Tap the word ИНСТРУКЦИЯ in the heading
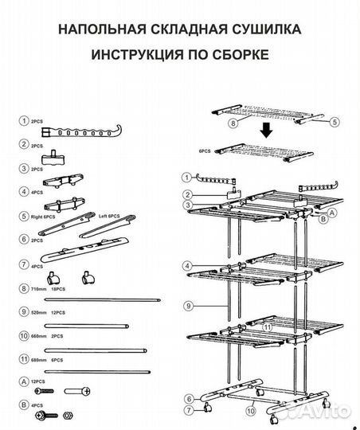click(x=135, y=57)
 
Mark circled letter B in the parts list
click(x=25, y=406)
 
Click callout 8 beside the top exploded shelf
click(x=233, y=124)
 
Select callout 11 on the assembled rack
click(x=268, y=326)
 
